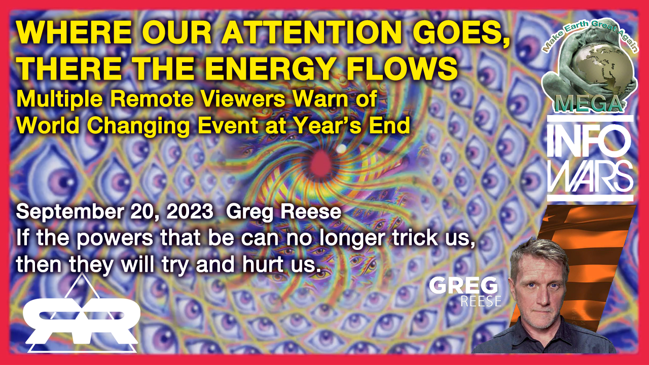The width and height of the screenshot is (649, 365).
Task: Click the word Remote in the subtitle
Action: [x=152, y=99]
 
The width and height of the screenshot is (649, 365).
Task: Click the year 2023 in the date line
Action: [x=190, y=212]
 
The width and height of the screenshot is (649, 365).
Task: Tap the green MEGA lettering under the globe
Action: [x=589, y=104]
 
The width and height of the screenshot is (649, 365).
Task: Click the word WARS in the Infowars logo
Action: [x=590, y=176]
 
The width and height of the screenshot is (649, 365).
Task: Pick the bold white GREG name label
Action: [x=463, y=285]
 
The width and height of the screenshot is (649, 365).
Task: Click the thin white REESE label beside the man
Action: [x=481, y=301]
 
